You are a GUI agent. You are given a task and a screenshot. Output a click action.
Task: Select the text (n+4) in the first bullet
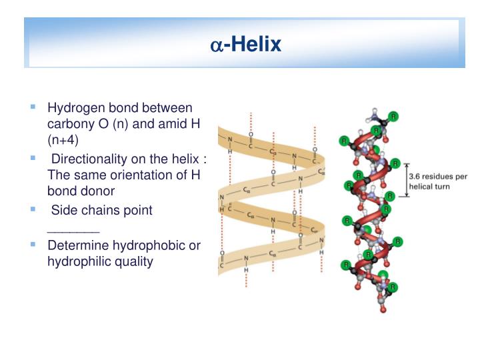coord(63,140)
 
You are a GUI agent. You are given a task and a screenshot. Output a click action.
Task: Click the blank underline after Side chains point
coord(73,228)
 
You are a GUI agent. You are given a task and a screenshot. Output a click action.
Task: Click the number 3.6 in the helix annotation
coord(417,177)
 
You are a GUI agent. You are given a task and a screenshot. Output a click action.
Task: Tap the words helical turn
coord(430,187)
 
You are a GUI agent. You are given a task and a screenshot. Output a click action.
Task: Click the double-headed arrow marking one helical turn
coord(407,181)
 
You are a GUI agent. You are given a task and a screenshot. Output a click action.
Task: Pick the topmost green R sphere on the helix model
coord(394,117)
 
